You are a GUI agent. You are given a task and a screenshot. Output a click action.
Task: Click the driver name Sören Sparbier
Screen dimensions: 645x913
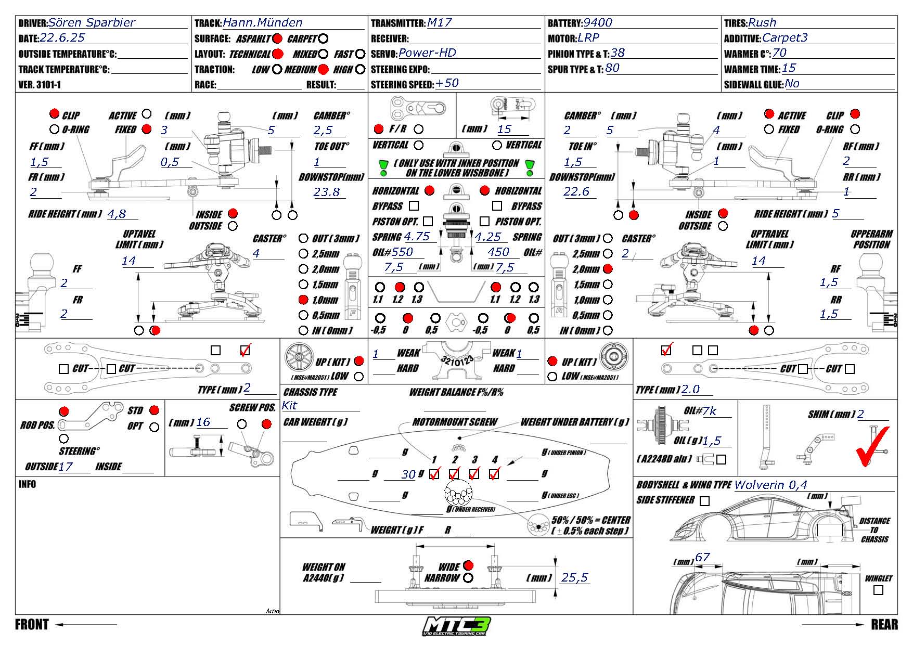tap(92, 23)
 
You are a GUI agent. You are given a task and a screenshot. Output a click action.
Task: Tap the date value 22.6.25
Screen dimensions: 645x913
tap(62, 38)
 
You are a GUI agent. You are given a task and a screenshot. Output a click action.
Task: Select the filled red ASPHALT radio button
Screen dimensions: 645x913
tap(277, 38)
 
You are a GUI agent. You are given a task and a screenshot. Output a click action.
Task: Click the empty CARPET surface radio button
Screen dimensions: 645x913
tap(323, 38)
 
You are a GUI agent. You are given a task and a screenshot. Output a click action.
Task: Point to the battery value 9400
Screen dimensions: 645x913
tap(597, 23)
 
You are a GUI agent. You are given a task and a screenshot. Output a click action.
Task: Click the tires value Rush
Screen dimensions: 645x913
tap(762, 23)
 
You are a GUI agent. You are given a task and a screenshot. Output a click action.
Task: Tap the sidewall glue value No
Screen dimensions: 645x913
tap(792, 84)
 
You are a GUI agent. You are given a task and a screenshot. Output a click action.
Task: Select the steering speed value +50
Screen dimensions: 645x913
tap(447, 83)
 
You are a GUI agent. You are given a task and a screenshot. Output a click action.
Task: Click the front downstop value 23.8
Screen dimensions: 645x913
tap(326, 192)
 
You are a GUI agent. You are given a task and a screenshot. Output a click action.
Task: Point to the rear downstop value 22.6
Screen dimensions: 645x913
tap(576, 192)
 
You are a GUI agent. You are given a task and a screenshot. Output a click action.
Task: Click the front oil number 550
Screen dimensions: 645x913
tap(402, 252)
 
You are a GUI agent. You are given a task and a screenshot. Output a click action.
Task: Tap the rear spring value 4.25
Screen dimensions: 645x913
tap(488, 237)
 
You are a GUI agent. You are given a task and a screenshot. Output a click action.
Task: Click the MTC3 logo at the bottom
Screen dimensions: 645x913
tap(457, 626)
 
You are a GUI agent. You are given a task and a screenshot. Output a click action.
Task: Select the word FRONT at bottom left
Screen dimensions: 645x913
tap(32, 625)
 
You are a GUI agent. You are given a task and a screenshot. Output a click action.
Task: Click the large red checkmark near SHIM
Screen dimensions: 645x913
tap(872, 446)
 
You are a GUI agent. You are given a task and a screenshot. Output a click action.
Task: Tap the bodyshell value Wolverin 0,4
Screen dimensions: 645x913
tap(770, 485)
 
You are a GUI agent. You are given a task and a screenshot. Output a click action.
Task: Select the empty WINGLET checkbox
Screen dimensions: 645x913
tap(879, 590)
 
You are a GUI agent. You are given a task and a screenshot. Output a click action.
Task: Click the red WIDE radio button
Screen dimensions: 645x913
tap(468, 565)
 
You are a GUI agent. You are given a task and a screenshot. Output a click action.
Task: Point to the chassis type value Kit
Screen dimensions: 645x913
tap(289, 406)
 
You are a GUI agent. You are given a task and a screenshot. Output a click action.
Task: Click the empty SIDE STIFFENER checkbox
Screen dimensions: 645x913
tap(704, 501)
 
